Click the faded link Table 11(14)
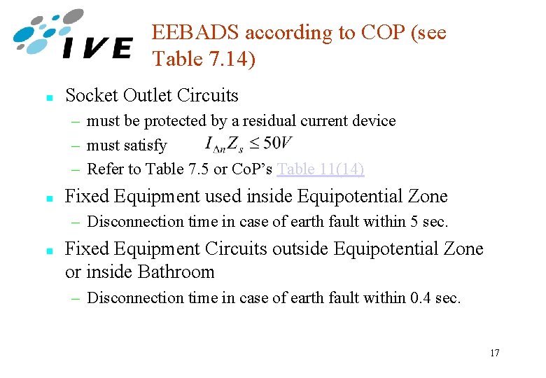coord(321,169)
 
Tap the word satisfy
coord(146,146)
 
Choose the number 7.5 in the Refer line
coord(199,169)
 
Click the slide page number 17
coord(494,353)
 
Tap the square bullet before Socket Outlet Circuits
coord(47,97)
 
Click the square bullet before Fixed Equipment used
coord(47,198)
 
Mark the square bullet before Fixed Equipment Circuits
coord(47,251)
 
